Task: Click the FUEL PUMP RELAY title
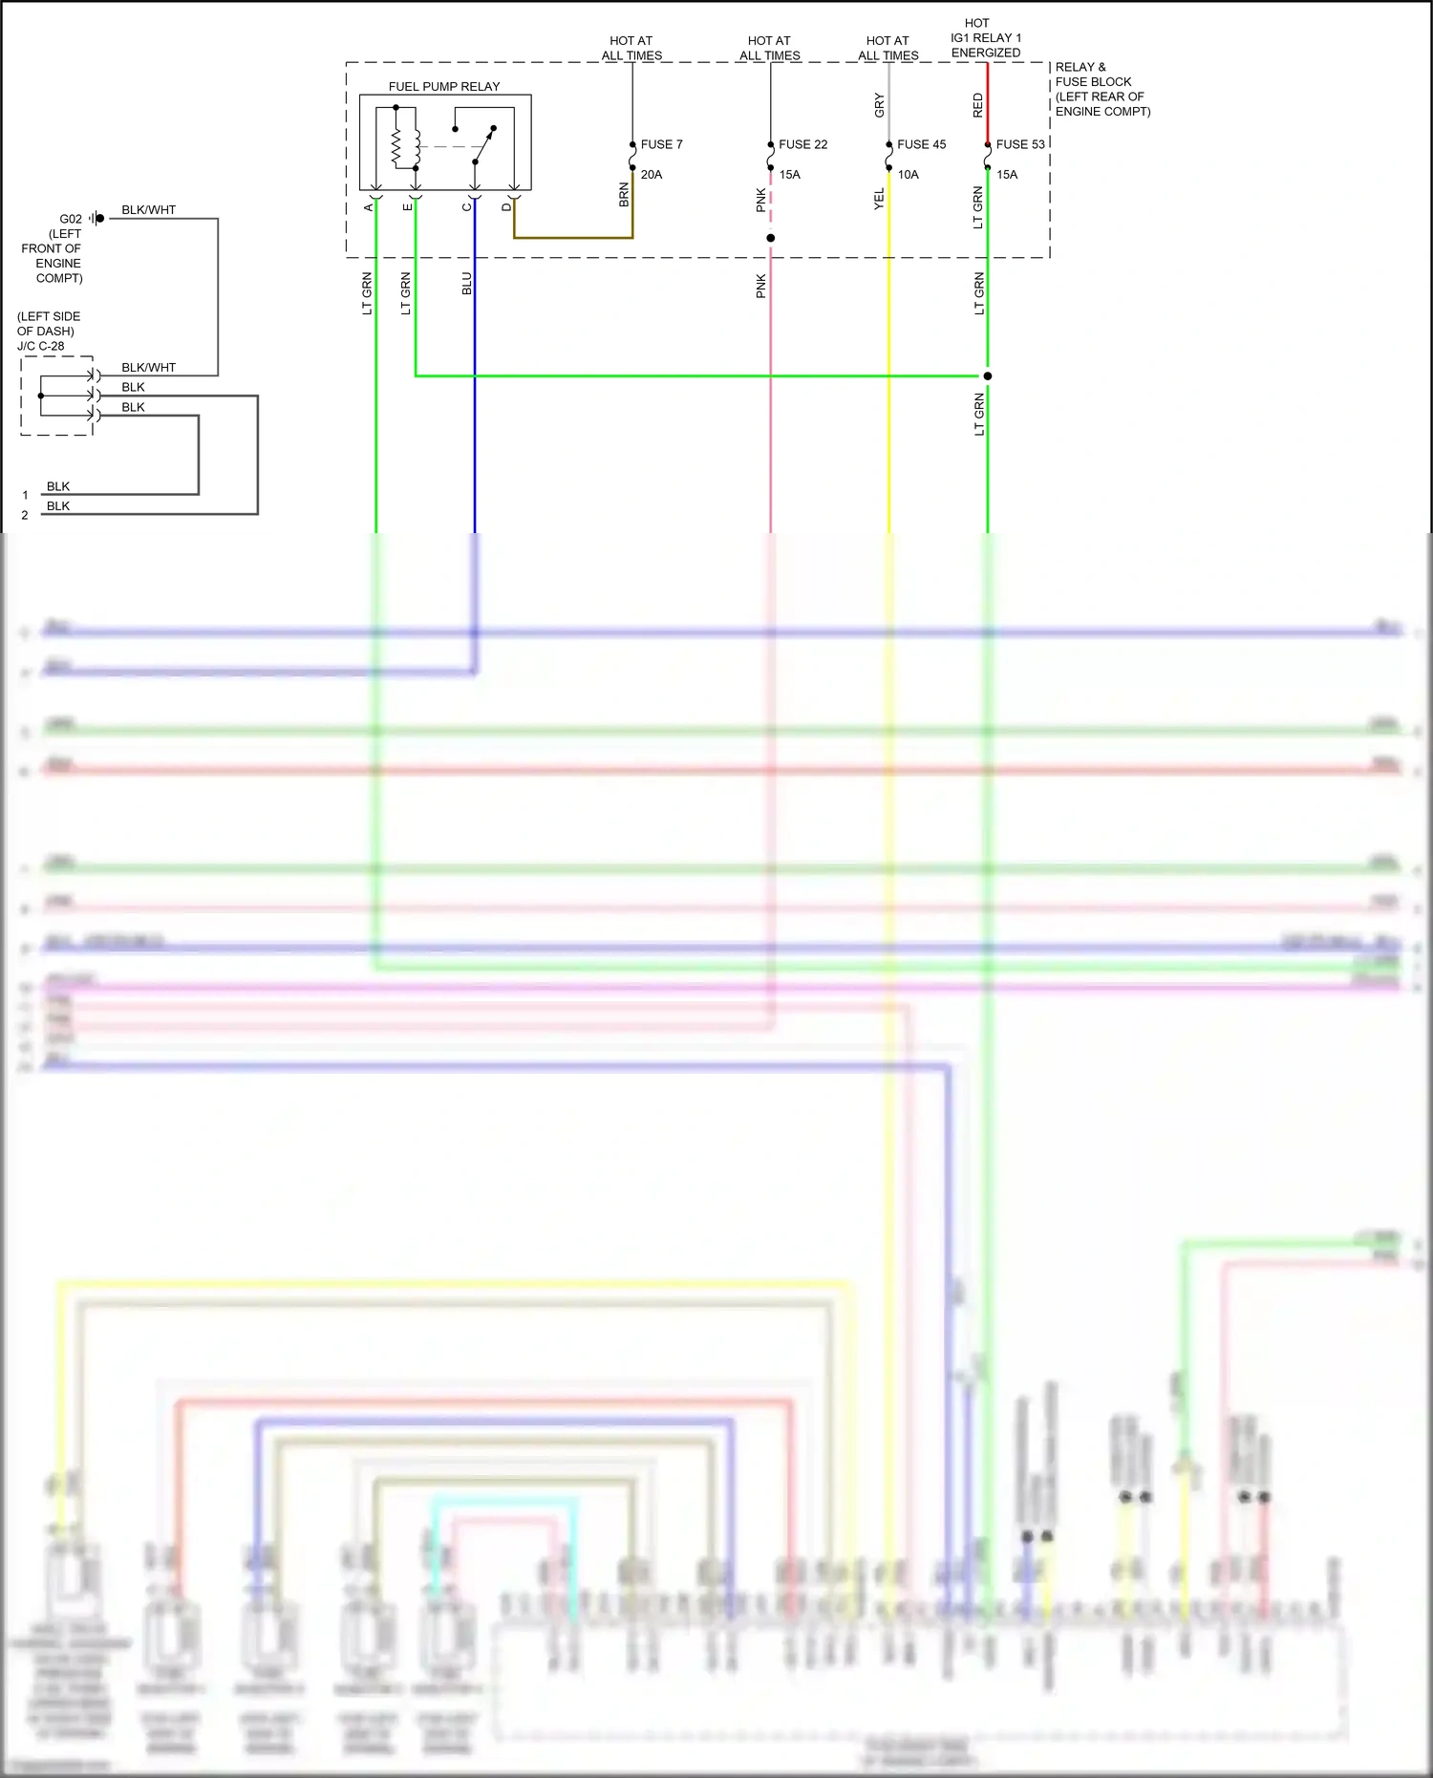[443, 87]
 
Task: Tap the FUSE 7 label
[661, 144]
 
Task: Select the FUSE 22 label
[802, 144]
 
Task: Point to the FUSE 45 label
[921, 144]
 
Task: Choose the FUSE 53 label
[1020, 144]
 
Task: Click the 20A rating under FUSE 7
[652, 175]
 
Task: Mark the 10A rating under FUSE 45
[908, 175]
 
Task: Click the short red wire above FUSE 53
[987, 105]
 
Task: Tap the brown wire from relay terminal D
[573, 238]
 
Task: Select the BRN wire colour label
[624, 195]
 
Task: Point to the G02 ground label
[71, 219]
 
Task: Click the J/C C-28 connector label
[41, 346]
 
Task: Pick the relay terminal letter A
[369, 206]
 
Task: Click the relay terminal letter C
[467, 206]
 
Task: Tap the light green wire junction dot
[987, 375]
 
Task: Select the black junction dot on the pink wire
[770, 238]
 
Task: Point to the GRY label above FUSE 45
[879, 105]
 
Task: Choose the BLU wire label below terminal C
[467, 284]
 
